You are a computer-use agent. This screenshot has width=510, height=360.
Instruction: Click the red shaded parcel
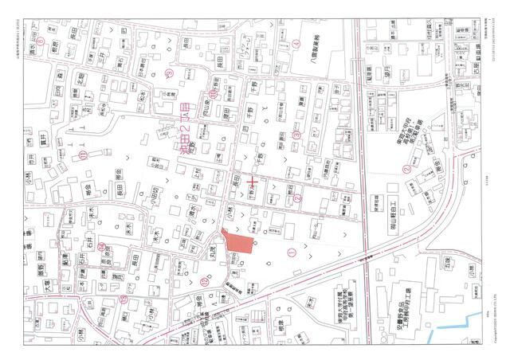[237, 242]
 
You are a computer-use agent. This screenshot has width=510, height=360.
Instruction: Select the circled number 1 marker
[291, 252]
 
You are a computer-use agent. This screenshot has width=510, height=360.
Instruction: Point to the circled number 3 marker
[296, 135]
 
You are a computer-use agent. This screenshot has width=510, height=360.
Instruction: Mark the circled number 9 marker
[168, 72]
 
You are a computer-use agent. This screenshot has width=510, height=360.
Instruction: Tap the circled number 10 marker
[213, 93]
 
